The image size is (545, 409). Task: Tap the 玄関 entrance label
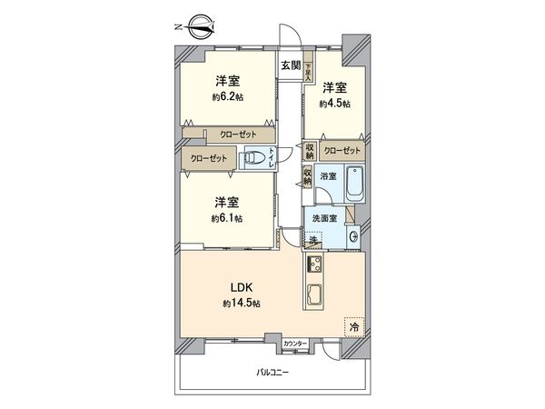coord(290,65)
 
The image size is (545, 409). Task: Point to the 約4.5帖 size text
coord(335,104)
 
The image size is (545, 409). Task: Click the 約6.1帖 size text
coord(227,218)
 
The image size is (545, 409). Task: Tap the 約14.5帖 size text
coord(241,304)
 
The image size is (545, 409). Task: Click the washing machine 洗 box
coord(313,240)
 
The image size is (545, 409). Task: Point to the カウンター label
coord(294,344)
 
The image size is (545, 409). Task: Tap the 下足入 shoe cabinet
coord(309,71)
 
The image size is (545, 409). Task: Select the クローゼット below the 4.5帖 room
coord(342,150)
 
